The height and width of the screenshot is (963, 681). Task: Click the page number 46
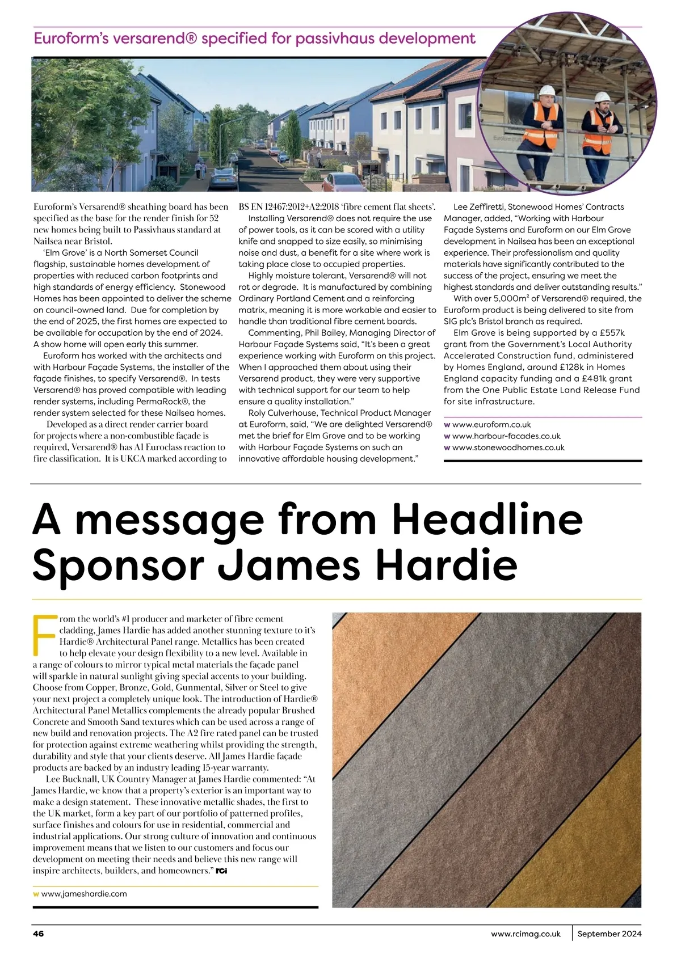point(39,934)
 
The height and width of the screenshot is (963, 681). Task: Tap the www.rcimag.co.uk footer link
point(526,934)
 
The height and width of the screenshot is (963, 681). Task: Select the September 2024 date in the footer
point(609,934)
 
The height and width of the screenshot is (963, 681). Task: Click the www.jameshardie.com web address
point(84,894)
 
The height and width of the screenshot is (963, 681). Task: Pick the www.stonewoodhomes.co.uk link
point(508,447)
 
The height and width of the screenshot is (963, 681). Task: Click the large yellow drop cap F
point(44,633)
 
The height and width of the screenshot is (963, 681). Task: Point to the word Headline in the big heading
point(487,519)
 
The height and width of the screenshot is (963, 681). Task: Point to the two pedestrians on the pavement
point(198,168)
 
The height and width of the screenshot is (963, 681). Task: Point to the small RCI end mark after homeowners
point(221,871)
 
